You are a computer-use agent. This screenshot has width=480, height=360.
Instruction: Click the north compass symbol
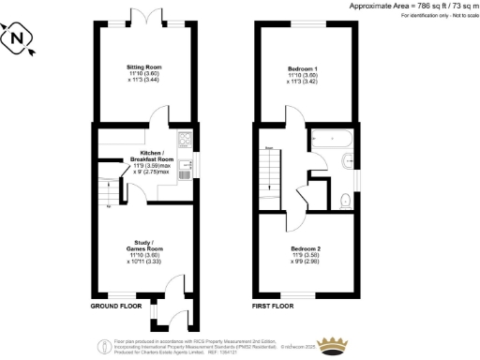(x=16, y=40)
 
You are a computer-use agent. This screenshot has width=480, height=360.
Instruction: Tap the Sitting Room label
(x=145, y=67)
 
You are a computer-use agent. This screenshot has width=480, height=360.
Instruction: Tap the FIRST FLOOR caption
(x=275, y=307)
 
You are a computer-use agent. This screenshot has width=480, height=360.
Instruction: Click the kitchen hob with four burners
(x=185, y=141)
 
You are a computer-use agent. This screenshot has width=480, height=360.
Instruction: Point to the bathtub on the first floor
(x=334, y=137)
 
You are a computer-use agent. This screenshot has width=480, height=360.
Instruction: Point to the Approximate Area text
(x=412, y=7)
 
